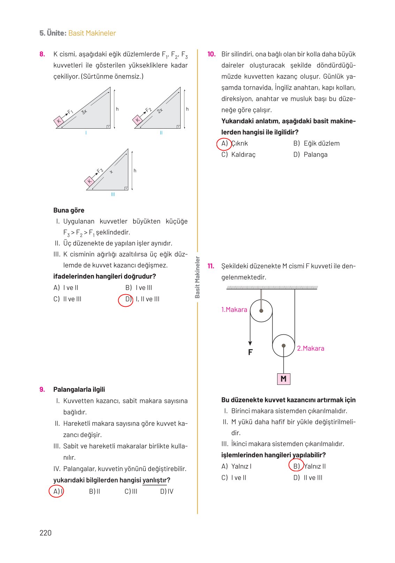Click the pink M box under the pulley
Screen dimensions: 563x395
(x=283, y=379)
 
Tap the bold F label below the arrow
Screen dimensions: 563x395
(x=250, y=352)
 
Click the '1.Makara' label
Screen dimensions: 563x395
(x=234, y=310)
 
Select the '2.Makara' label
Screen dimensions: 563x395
(x=310, y=348)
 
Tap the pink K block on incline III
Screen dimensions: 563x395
(x=90, y=181)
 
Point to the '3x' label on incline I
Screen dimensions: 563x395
(x=84, y=112)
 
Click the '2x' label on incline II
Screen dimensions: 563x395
(x=160, y=111)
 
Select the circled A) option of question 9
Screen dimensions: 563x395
(x=56, y=491)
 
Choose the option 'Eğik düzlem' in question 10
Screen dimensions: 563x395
(x=321, y=143)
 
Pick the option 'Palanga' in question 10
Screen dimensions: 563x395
(x=315, y=154)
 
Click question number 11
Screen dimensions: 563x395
(x=211, y=266)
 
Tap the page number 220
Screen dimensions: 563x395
(x=45, y=533)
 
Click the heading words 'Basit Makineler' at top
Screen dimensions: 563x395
(x=92, y=33)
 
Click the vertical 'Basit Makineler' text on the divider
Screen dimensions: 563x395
(x=197, y=277)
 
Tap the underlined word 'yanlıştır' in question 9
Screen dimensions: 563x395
(x=154, y=480)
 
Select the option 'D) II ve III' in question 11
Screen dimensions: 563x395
(x=308, y=478)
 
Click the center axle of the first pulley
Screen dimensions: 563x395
(x=261, y=311)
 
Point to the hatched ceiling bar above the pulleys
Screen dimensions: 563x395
(x=272, y=288)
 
